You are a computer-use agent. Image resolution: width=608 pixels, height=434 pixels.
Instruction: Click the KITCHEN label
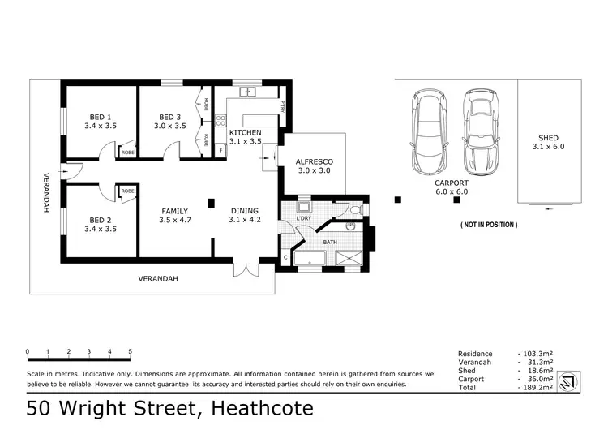pyautogui.click(x=245, y=131)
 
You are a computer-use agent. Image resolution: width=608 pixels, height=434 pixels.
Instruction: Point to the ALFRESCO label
pyautogui.click(x=315, y=161)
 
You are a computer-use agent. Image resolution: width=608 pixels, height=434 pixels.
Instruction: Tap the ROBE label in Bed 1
pyautogui.click(x=127, y=152)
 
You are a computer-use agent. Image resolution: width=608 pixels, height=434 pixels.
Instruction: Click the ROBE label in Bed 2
pyautogui.click(x=127, y=191)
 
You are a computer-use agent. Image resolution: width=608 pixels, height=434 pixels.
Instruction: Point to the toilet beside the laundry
pyautogui.click(x=354, y=210)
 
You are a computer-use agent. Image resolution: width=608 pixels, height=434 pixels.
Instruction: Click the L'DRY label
pyautogui.click(x=305, y=219)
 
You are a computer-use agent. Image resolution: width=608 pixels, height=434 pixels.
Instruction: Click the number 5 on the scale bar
pyautogui.click(x=131, y=351)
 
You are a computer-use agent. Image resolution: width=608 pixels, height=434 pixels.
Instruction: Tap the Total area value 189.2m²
pyautogui.click(x=536, y=389)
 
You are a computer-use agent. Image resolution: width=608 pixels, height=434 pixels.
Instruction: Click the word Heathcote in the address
pyautogui.click(x=261, y=408)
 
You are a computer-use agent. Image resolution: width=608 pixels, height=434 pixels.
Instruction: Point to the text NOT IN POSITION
pyautogui.click(x=489, y=224)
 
